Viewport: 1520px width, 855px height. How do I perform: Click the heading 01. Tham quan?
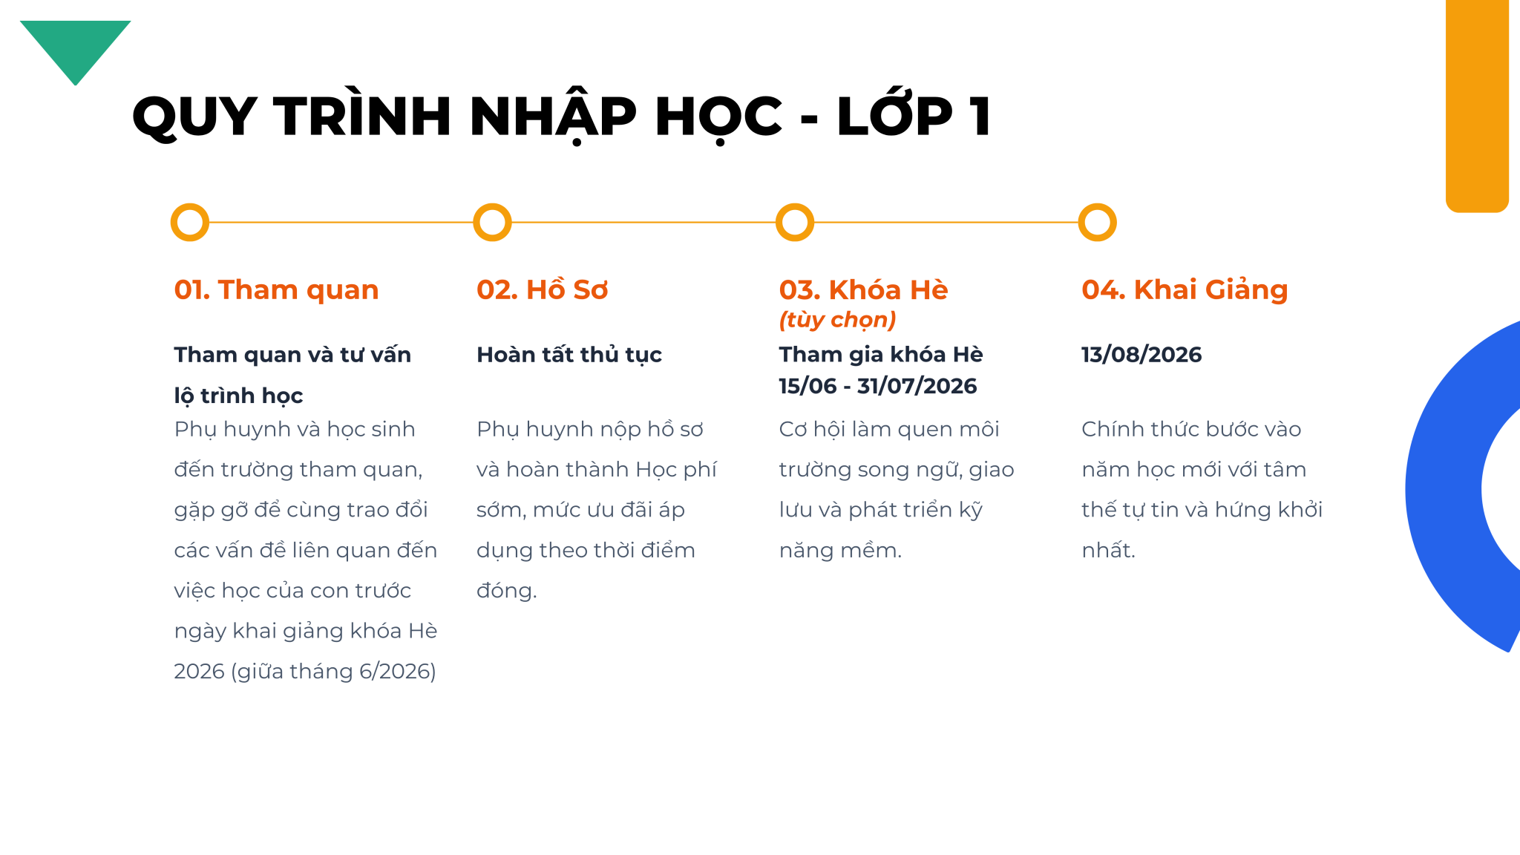[x=276, y=289]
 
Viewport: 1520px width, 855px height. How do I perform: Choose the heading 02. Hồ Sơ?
[x=542, y=289]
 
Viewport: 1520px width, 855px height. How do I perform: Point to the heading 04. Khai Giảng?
[x=1185, y=289]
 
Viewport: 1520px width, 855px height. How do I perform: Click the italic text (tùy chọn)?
[x=837, y=320]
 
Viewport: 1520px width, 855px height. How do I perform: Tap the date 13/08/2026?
[x=1141, y=354]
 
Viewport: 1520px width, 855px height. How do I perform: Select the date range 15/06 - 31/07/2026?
[x=878, y=386]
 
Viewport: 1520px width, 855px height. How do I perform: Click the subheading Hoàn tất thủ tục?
[x=569, y=355]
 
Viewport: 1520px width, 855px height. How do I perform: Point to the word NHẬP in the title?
[x=553, y=117]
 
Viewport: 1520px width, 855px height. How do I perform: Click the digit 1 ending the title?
[x=980, y=116]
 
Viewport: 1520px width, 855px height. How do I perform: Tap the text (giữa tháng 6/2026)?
[x=334, y=672]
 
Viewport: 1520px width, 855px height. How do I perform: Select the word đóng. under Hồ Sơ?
[x=506, y=591]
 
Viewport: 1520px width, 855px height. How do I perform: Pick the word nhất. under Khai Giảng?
[x=1108, y=550]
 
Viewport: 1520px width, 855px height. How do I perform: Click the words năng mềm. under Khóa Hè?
[x=840, y=551]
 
